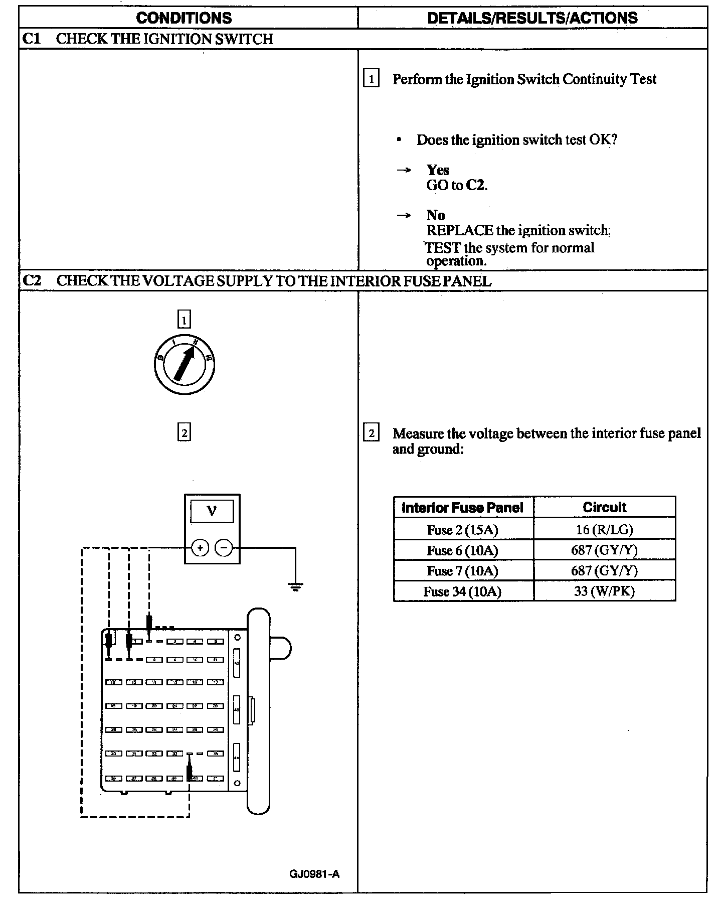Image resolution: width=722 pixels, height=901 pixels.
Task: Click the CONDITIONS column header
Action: tap(184, 18)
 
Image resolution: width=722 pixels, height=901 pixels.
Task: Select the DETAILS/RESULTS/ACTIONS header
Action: tap(532, 18)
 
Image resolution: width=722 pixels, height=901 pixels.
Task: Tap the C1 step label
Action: tap(32, 39)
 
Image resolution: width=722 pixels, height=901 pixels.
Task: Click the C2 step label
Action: tap(32, 280)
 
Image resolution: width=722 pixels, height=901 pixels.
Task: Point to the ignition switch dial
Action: tap(185, 365)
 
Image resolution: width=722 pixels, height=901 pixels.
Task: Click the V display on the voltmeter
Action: tap(212, 512)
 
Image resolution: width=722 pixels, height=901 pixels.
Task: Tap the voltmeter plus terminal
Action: tap(200, 548)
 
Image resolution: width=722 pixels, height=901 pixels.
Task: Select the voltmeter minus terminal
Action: tap(224, 548)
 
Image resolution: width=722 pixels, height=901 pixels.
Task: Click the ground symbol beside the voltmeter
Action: tap(295, 586)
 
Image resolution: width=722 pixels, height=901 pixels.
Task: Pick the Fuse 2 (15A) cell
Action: tap(462, 530)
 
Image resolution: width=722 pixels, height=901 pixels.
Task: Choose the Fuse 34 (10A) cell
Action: tap(462, 591)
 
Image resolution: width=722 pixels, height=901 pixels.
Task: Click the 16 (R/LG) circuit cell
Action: tap(604, 530)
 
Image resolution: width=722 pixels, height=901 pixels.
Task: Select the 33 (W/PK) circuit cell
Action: tap(604, 591)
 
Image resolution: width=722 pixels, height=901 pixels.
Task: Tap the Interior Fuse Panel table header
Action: tap(462, 508)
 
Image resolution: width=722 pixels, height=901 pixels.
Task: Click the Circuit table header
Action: tap(604, 507)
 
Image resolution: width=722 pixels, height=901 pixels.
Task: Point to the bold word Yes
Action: tap(438, 170)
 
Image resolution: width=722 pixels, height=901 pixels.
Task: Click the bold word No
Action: tap(436, 215)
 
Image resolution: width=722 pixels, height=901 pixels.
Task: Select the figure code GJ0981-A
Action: tap(314, 874)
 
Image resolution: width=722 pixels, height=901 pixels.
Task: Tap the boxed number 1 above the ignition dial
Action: tap(185, 319)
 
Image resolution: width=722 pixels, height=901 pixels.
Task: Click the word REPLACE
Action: tap(459, 231)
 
